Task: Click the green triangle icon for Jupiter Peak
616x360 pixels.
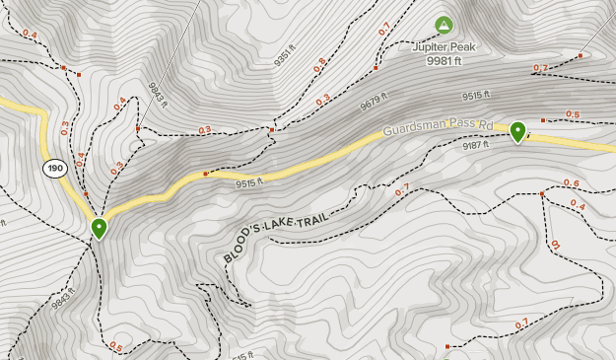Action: tap(444, 25)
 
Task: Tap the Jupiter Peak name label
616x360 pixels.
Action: tap(444, 45)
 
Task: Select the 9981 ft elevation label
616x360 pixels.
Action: tap(444, 61)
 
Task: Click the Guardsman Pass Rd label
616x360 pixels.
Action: tap(437, 126)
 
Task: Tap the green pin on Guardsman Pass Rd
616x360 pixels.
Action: tap(518, 130)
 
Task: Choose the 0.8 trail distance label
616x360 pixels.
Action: tap(319, 66)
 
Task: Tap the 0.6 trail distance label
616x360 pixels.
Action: tap(572, 183)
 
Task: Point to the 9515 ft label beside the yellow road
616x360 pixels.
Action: tap(251, 182)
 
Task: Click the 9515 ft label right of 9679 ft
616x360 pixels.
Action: tap(476, 96)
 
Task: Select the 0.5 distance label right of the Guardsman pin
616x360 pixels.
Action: tap(573, 114)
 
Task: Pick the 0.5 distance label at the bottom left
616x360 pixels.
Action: tap(116, 346)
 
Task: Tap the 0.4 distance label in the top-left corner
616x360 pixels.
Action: tap(29, 36)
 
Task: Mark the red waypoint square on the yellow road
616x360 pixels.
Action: tap(205, 175)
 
